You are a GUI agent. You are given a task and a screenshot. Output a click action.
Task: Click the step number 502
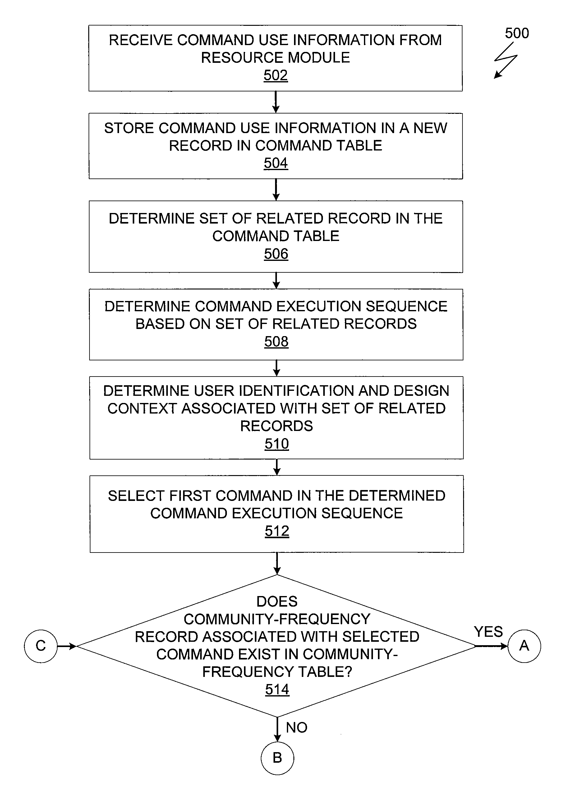(x=276, y=75)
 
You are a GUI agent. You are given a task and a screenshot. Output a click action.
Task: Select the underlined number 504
(x=276, y=163)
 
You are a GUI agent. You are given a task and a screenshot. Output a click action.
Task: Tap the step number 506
(x=276, y=254)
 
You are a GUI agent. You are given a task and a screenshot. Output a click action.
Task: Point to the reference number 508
(x=276, y=342)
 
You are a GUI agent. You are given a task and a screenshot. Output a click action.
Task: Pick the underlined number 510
(x=277, y=444)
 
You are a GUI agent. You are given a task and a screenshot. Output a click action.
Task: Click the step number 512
(x=277, y=531)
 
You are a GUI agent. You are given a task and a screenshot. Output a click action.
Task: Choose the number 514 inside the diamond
(x=278, y=690)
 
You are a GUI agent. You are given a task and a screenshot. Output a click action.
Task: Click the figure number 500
(x=517, y=33)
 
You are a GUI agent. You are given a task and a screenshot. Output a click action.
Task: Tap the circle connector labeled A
(x=524, y=646)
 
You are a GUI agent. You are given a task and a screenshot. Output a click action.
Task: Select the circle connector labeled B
(x=278, y=758)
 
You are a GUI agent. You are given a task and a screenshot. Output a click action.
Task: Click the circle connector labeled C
(x=41, y=646)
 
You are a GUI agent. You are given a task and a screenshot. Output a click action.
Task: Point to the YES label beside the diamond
(x=488, y=632)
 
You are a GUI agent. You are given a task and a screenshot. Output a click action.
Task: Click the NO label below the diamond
(x=297, y=728)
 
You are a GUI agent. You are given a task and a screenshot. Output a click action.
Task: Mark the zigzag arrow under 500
(x=505, y=60)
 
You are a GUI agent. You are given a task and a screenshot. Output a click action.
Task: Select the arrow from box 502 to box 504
(x=276, y=102)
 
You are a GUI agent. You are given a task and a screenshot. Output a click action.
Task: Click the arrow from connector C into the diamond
(x=67, y=646)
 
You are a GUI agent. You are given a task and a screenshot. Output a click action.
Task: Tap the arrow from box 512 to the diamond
(x=277, y=564)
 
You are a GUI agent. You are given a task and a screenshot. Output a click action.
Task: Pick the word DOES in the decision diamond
(x=277, y=601)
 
